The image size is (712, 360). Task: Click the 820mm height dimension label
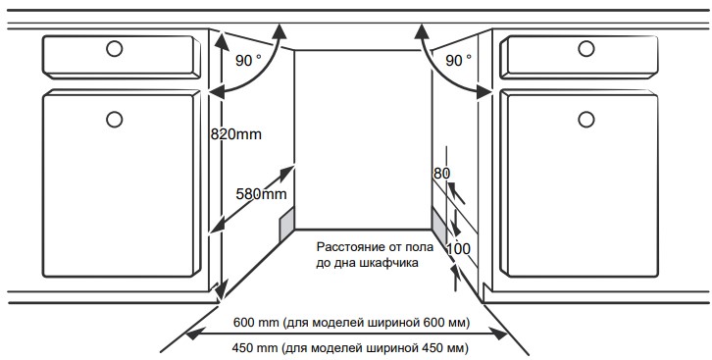pyautogui.click(x=237, y=133)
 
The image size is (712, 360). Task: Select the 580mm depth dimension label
pyautogui.click(x=262, y=194)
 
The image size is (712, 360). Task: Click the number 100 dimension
pyautogui.click(x=458, y=249)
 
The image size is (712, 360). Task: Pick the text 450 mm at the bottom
pyautogui.click(x=254, y=348)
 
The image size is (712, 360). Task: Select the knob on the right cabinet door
pyautogui.click(x=585, y=119)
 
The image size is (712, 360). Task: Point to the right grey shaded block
pyautogui.click(x=438, y=226)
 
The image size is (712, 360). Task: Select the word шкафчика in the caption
pyautogui.click(x=387, y=264)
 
